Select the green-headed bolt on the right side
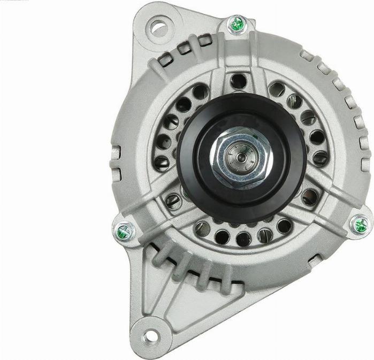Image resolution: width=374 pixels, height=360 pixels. click(x=361, y=224)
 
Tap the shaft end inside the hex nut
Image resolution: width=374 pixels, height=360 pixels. click(x=239, y=158)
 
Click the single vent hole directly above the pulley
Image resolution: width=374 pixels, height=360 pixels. click(x=238, y=81)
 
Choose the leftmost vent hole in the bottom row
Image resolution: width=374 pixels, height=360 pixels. click(x=203, y=229)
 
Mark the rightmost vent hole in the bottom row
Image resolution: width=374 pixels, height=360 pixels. click(x=284, y=226)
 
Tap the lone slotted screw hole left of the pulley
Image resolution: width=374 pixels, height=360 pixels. click(x=173, y=201)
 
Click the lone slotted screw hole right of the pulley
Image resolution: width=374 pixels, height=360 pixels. click(x=310, y=197)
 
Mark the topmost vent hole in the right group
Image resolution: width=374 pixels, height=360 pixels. click(x=277, y=89)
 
